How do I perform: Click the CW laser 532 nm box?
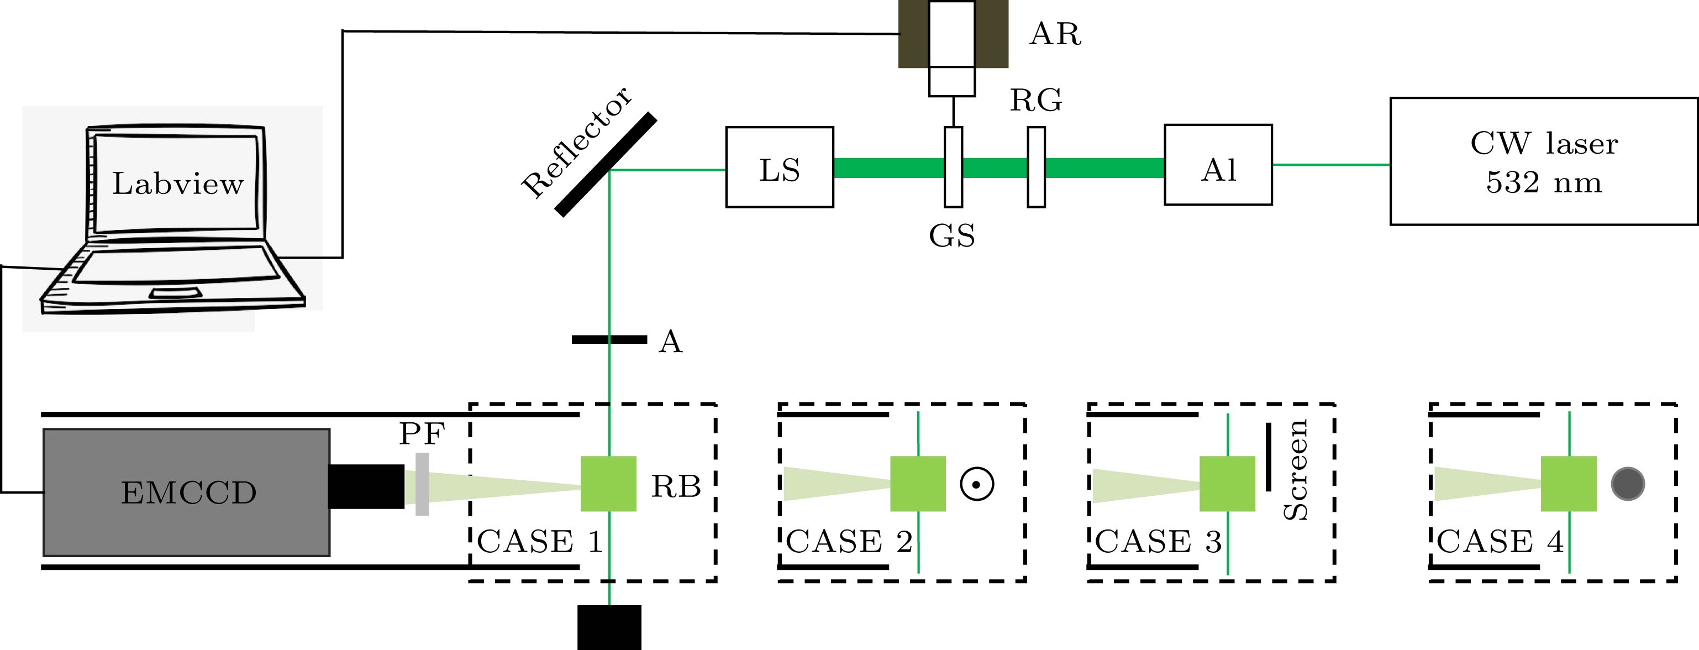[1543, 162]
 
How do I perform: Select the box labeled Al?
[1218, 165]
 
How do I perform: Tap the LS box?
[780, 167]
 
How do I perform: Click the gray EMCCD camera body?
[187, 492]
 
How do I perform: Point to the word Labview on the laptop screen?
[177, 184]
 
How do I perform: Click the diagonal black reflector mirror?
[606, 164]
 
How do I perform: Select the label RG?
[1036, 100]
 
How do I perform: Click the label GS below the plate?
[952, 235]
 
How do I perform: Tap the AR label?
[1055, 34]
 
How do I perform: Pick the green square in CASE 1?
[608, 484]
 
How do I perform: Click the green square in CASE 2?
[917, 484]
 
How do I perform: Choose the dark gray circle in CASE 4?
[1627, 484]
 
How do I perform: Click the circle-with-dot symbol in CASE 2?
[977, 484]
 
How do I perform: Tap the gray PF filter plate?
[422, 484]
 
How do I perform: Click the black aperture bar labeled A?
[609, 339]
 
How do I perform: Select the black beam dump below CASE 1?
[609, 627]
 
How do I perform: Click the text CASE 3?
[1158, 542]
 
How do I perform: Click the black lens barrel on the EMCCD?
[366, 486]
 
